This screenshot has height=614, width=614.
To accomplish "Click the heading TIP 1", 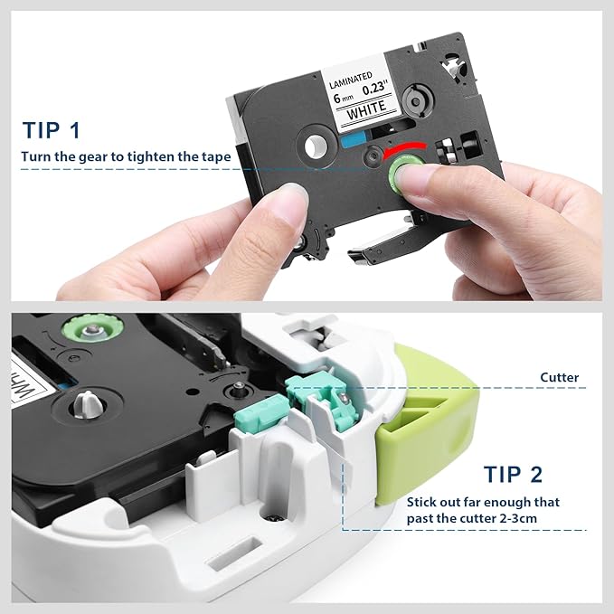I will (51, 129).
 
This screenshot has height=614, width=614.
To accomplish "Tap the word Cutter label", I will (560, 376).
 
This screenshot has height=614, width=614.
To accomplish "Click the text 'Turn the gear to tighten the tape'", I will (126, 156).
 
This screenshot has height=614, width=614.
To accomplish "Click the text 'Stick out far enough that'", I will (483, 501).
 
